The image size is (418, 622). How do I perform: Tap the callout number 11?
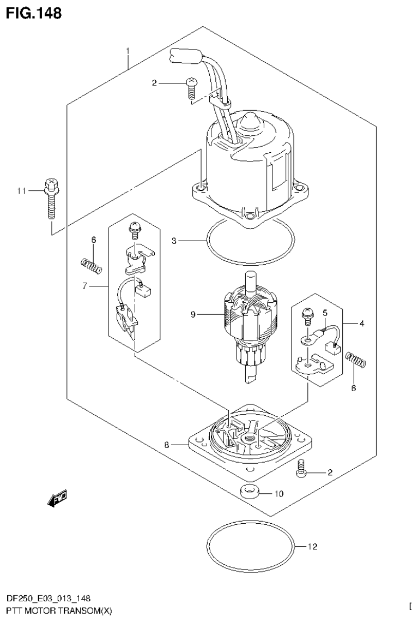[x=21, y=190]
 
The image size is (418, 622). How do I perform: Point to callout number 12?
[x=312, y=546]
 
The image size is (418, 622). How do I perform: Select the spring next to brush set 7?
[x=92, y=266]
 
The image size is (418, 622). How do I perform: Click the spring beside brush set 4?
[x=356, y=360]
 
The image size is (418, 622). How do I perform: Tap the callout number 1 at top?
[x=128, y=51]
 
